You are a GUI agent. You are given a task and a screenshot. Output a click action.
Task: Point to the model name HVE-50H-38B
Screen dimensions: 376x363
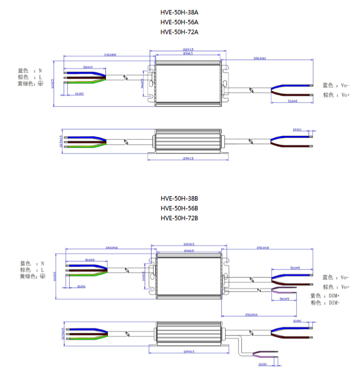[x=179, y=199]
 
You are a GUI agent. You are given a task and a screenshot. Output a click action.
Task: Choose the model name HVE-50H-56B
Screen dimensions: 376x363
[x=179, y=208]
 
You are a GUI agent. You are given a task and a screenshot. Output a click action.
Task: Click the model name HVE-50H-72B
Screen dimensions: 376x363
[x=179, y=218]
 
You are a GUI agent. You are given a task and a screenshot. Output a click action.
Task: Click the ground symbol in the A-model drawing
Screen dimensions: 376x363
[x=41, y=84]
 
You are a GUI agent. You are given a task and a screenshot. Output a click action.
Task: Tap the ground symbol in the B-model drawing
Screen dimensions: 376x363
[x=43, y=276]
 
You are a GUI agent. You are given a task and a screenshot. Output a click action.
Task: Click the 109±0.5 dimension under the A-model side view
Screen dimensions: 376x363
[x=187, y=158]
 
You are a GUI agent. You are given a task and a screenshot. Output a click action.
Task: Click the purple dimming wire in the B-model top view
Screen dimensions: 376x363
[x=285, y=293]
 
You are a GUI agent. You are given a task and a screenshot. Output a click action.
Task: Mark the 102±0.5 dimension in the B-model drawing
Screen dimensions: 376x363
[x=188, y=244]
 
